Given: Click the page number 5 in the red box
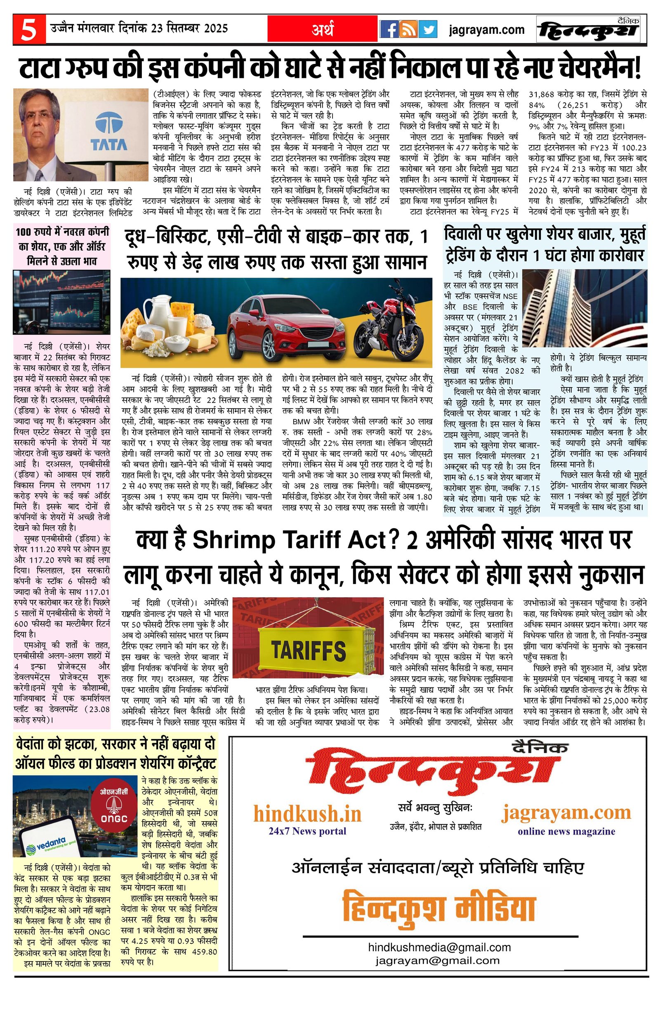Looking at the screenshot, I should (28, 30).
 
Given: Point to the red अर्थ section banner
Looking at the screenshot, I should (323, 29).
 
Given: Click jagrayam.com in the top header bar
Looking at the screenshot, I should (487, 30).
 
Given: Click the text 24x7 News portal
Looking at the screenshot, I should (307, 831).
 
